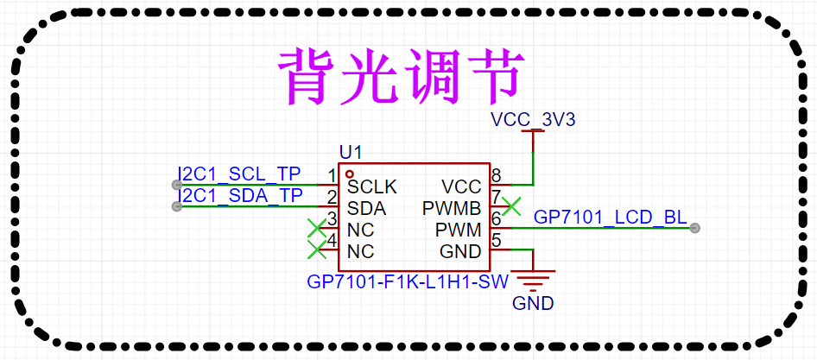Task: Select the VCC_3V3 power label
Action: click(532, 119)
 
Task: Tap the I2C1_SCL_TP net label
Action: click(239, 174)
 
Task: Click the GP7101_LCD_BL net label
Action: click(611, 217)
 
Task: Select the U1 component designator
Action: click(351, 152)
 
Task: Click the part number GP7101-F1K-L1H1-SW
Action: click(408, 282)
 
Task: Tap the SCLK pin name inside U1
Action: click(372, 186)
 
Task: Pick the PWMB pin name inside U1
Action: click(452, 208)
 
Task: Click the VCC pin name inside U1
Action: click(461, 186)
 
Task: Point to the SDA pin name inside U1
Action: click(366, 208)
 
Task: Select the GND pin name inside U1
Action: click(460, 252)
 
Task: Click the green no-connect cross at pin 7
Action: click(512, 206)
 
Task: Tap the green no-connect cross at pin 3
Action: click(317, 229)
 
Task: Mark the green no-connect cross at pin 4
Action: click(317, 250)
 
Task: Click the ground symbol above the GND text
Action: click(534, 278)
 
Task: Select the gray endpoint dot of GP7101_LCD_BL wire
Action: click(695, 228)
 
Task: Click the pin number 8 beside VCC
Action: click(496, 175)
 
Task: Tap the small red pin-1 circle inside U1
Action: click(350, 174)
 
